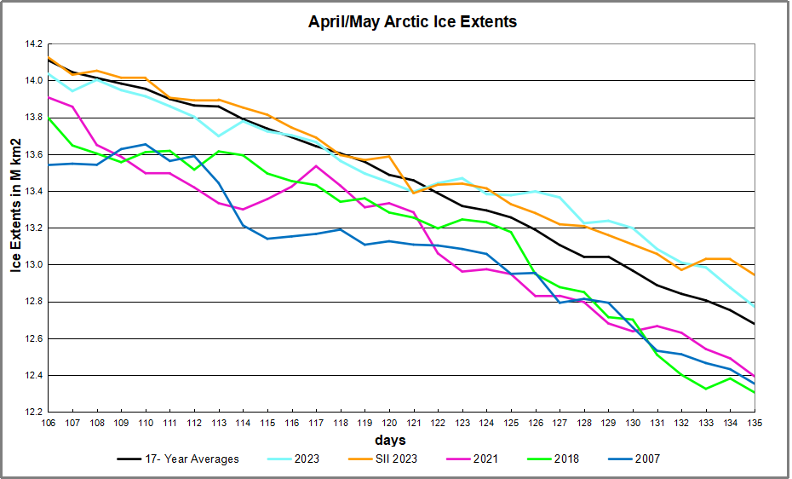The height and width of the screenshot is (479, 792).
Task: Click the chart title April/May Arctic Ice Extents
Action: click(412, 22)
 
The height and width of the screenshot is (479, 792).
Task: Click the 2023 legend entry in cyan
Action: click(305, 459)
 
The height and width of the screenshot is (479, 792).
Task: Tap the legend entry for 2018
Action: click(565, 459)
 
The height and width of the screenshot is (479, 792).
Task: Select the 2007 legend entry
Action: click(646, 459)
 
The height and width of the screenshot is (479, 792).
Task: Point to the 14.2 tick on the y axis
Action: click(32, 43)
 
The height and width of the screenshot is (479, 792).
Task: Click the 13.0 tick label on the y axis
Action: click(32, 265)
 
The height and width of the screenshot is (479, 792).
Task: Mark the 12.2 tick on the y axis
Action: click(32, 413)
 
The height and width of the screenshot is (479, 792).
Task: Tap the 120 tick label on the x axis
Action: click(388, 423)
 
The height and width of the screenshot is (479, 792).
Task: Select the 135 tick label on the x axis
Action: click(755, 423)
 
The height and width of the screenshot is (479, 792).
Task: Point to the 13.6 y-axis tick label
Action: click(32, 154)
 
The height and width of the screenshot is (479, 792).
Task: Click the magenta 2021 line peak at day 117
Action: click(315, 166)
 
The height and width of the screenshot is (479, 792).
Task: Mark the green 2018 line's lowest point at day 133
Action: click(705, 389)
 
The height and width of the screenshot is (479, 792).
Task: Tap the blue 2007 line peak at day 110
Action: click(145, 144)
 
